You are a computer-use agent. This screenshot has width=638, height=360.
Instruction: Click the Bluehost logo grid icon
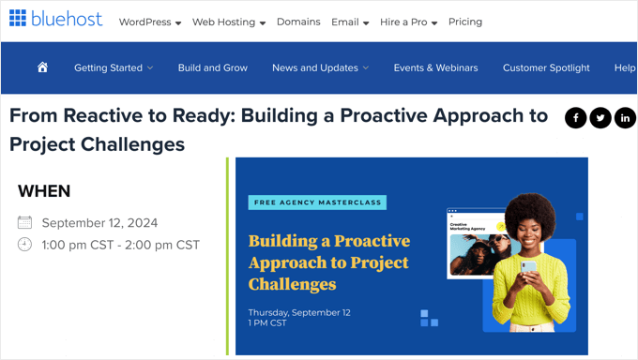pyautogui.click(x=18, y=19)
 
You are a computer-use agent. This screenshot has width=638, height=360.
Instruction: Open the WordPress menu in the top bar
pyautogui.click(x=149, y=22)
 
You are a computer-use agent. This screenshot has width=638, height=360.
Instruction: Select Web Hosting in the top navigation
pyautogui.click(x=228, y=22)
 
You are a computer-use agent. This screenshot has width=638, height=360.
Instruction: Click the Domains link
pyautogui.click(x=298, y=22)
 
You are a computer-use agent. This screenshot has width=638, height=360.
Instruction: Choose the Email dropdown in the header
pyautogui.click(x=349, y=22)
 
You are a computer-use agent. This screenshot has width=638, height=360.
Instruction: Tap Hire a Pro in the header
pyautogui.click(x=408, y=22)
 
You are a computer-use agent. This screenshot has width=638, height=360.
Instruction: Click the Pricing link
pyautogui.click(x=465, y=22)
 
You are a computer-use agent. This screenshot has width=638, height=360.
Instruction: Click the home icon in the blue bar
pyautogui.click(x=42, y=67)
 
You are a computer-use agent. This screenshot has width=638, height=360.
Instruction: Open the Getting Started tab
pyautogui.click(x=113, y=67)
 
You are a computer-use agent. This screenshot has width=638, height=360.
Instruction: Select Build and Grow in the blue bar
pyautogui.click(x=213, y=67)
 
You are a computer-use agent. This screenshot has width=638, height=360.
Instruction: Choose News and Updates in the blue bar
pyautogui.click(x=320, y=67)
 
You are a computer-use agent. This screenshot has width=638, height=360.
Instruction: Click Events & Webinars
pyautogui.click(x=435, y=67)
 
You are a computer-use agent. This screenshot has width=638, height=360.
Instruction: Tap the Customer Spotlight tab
pyautogui.click(x=546, y=67)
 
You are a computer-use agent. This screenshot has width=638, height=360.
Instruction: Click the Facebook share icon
pyautogui.click(x=575, y=117)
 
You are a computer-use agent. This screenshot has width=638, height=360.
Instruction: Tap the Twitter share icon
pyautogui.click(x=600, y=117)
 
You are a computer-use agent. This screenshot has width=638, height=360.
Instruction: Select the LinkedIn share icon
pyautogui.click(x=625, y=117)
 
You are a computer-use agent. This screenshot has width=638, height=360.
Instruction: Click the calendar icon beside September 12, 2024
pyautogui.click(x=25, y=223)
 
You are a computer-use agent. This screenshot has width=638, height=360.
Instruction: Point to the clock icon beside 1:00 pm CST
pyautogui.click(x=25, y=245)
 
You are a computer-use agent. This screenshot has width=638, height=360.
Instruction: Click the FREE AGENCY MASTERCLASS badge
pyautogui.click(x=317, y=202)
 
